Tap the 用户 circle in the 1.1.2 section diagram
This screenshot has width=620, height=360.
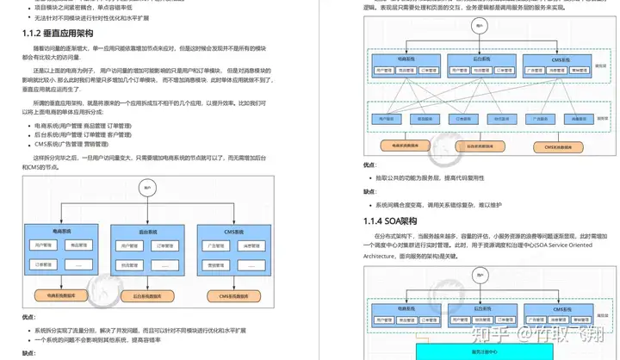(x=148, y=187)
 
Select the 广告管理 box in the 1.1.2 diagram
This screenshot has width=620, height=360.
(x=214, y=245)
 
